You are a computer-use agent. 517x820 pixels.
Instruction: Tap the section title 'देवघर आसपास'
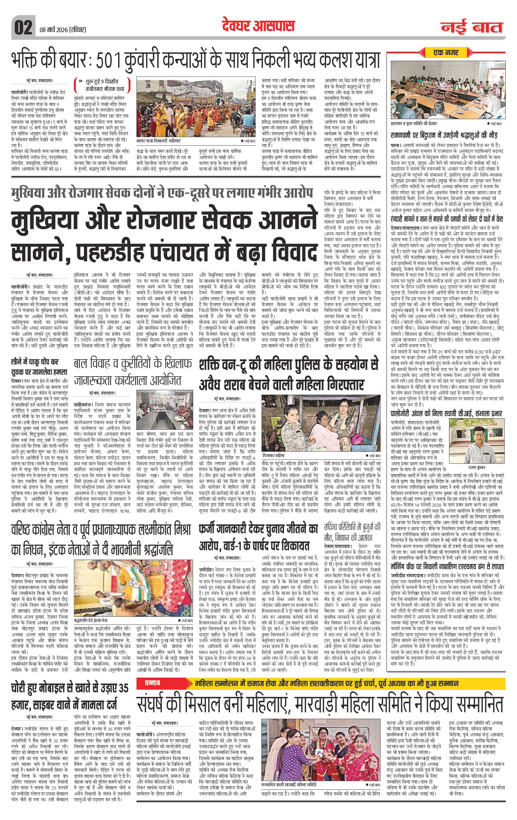pyautogui.click(x=258, y=26)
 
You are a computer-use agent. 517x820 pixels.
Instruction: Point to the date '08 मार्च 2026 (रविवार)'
pyautogui.click(x=61, y=30)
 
